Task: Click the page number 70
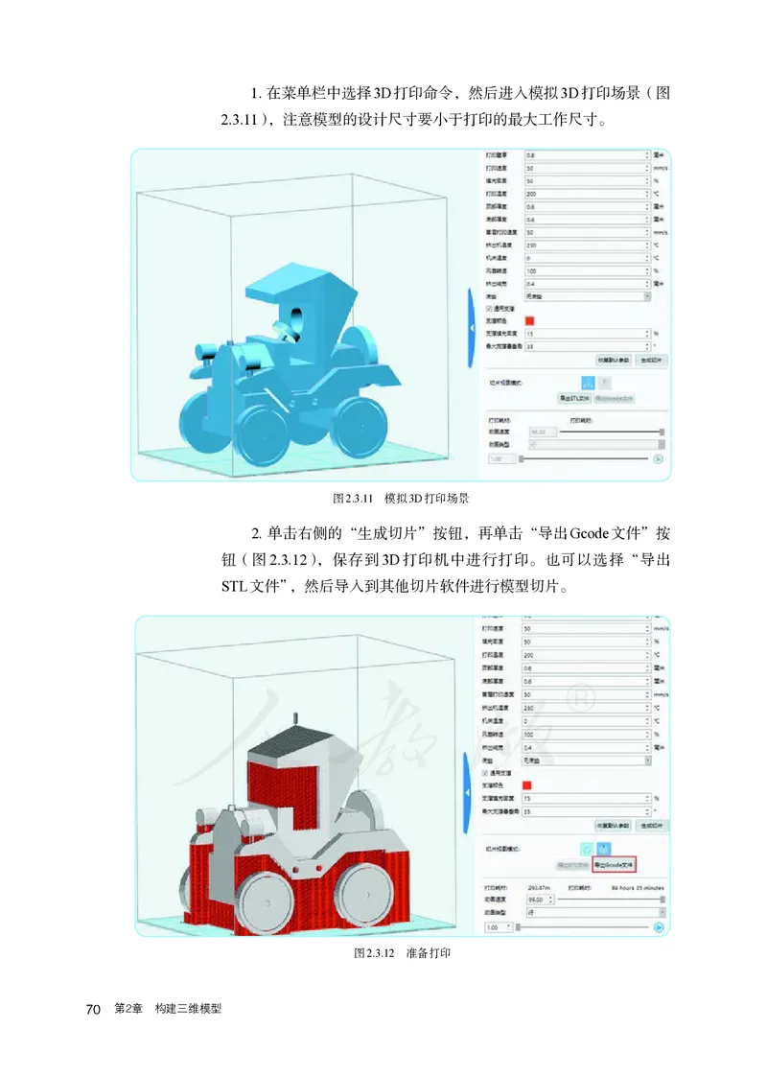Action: pyautogui.click(x=93, y=1009)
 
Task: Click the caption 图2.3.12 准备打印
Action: pyautogui.click(x=402, y=953)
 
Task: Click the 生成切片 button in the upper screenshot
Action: pyautogui.click(x=651, y=360)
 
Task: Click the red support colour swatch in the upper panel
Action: pyautogui.click(x=529, y=321)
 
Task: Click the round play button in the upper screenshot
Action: pyautogui.click(x=659, y=458)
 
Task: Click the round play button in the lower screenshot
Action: pyautogui.click(x=659, y=927)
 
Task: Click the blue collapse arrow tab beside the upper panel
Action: pyautogui.click(x=471, y=329)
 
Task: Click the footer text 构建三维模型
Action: pyautogui.click(x=188, y=1009)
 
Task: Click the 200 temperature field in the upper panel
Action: pyautogui.click(x=585, y=194)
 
